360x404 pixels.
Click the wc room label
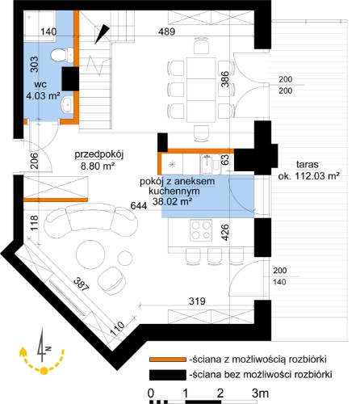40,84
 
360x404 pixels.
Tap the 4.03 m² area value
43,95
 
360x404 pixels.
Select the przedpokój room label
99,154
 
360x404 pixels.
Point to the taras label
308,164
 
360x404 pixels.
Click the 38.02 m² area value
172,201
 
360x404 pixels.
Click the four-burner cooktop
201,230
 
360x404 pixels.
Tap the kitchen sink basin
207,164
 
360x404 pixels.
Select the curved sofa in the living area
91,219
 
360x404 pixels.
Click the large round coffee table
90,254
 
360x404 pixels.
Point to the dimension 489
166,32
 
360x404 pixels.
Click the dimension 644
139,206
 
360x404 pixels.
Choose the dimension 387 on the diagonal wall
81,284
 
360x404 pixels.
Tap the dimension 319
197,301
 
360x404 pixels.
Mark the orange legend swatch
168,360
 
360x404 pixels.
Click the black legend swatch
168,375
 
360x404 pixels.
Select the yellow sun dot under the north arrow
44,371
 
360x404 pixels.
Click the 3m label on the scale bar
260,393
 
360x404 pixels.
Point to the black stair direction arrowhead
102,34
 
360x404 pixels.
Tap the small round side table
125,258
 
